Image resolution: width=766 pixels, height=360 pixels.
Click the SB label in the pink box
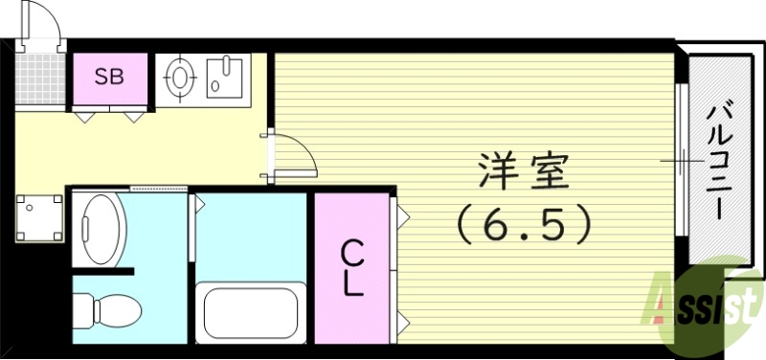108,78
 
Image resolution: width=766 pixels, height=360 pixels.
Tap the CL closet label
353,268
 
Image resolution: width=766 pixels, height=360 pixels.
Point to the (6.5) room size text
523,225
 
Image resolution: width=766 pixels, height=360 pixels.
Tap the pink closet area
352,268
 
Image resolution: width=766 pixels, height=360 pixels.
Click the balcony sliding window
681,163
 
